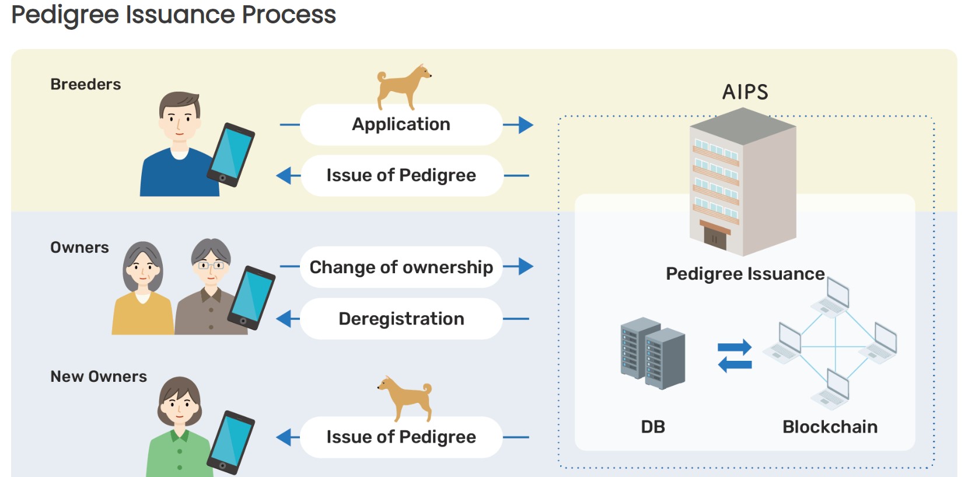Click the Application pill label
401,124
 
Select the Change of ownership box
401,267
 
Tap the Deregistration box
401,319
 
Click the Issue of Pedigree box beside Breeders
401,175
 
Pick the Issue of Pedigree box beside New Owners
401,437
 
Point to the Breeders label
86,85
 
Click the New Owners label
99,377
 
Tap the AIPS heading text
745,92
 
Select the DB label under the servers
653,427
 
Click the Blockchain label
830,427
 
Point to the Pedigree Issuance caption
745,274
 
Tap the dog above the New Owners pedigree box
406,397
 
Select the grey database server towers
652,352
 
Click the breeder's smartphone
232,155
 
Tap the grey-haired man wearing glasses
211,286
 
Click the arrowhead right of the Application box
525,124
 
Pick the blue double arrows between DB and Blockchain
735,356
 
